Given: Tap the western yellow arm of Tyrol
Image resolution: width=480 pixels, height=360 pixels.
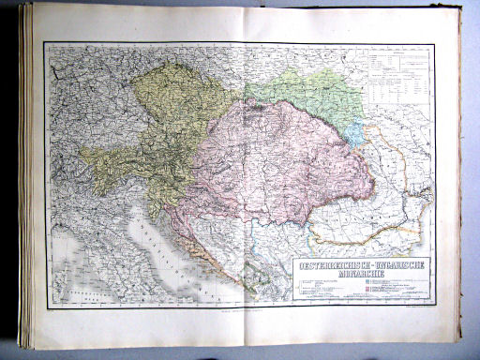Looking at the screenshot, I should [x=103, y=155].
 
